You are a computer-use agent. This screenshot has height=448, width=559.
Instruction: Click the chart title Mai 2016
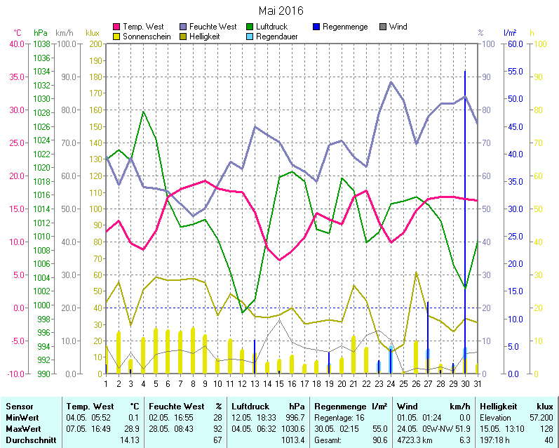[x=281, y=11]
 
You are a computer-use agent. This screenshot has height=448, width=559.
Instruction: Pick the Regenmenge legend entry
[x=345, y=27]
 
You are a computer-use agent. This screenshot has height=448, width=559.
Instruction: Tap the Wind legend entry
[x=397, y=27]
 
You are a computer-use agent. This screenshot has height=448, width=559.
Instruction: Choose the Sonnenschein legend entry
[x=146, y=36]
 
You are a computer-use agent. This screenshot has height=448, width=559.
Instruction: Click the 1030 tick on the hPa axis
[x=42, y=99]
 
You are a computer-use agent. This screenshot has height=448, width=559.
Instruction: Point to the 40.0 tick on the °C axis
[x=15, y=44]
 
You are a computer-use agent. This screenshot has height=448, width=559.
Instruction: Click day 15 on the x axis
[x=279, y=383]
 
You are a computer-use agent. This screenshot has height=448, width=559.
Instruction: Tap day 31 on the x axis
[x=477, y=383]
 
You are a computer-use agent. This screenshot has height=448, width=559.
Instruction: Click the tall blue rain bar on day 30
[x=465, y=211]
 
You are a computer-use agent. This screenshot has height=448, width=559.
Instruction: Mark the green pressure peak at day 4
[x=143, y=112]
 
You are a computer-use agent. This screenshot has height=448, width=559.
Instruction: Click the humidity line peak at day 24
[x=391, y=82]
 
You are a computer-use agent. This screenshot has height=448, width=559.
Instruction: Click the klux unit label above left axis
[x=93, y=33]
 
